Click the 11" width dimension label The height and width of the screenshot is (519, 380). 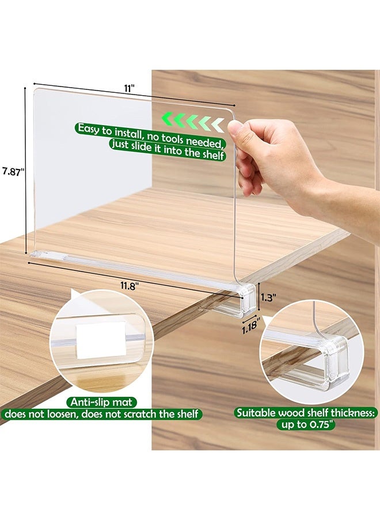130,88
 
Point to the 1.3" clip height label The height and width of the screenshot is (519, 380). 268,298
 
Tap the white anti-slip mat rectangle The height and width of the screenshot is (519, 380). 101,340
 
